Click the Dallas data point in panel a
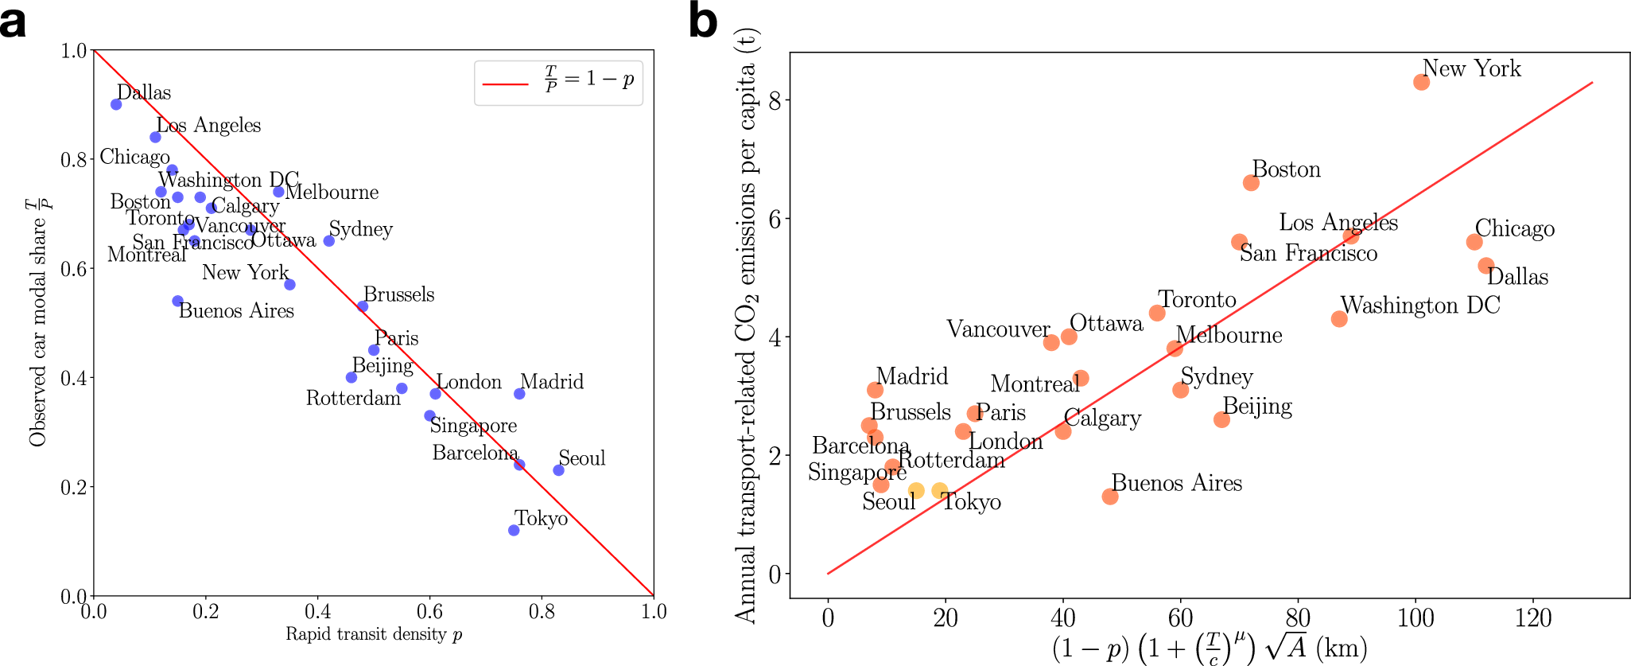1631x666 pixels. pyautogui.click(x=116, y=104)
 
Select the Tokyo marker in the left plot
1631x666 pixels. pyautogui.click(x=514, y=530)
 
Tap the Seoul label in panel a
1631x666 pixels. pyautogui.click(x=581, y=458)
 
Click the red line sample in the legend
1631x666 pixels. pyautogui.click(x=505, y=83)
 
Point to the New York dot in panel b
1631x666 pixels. pyautogui.click(x=1422, y=82)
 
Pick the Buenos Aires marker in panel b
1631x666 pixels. pyautogui.click(x=1110, y=497)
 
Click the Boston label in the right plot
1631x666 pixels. pyautogui.click(x=1286, y=169)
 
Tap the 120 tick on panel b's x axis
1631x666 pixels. pyautogui.click(x=1533, y=618)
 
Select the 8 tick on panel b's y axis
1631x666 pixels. pyautogui.click(x=775, y=100)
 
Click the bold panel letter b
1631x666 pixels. pyautogui.click(x=703, y=21)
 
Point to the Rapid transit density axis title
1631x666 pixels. pyautogui.click(x=374, y=634)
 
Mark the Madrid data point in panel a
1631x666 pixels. pyautogui.click(x=519, y=394)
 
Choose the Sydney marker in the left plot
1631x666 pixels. pyautogui.click(x=329, y=240)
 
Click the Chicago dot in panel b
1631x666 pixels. pyautogui.click(x=1474, y=242)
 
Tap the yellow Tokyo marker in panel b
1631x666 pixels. pyautogui.click(x=940, y=491)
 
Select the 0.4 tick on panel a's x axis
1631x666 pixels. pyautogui.click(x=318, y=612)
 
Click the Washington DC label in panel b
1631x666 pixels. pyautogui.click(x=1420, y=306)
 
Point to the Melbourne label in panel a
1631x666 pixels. pyautogui.click(x=332, y=193)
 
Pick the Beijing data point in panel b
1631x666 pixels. pyautogui.click(x=1221, y=419)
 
